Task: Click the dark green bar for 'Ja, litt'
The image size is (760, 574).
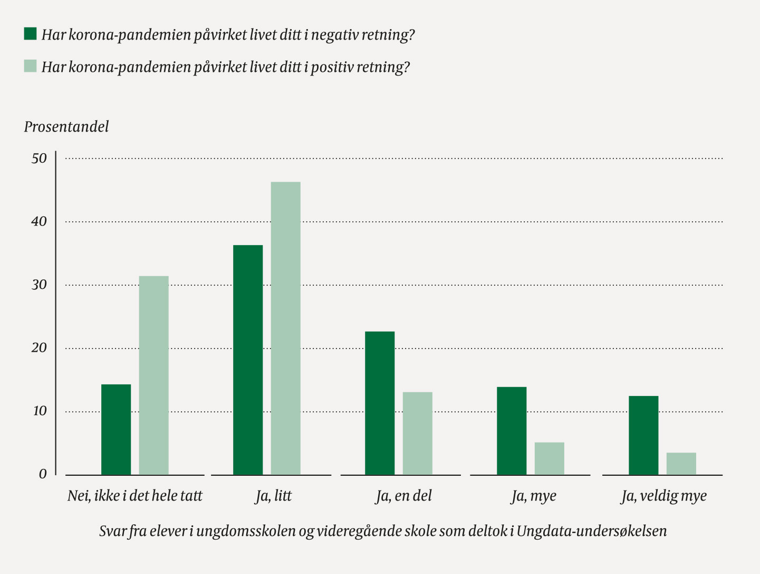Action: [x=248, y=360]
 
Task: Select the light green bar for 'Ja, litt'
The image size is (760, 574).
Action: [x=285, y=328]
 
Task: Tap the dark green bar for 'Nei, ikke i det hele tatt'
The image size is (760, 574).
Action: [x=116, y=429]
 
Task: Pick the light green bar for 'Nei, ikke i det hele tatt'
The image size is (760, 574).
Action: [x=153, y=375]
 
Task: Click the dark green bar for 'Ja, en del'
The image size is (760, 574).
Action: [x=380, y=403]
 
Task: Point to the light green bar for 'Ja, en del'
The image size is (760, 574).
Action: [x=417, y=433]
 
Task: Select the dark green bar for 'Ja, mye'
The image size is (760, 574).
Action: [x=512, y=431]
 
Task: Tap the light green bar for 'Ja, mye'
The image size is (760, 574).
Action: [x=549, y=458]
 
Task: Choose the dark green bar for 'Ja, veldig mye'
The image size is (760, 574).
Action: [x=643, y=435]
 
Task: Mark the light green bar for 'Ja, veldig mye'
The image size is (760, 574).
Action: [x=681, y=464]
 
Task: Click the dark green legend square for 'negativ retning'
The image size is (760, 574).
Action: [x=30, y=34]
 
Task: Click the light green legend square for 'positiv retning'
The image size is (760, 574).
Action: [x=30, y=67]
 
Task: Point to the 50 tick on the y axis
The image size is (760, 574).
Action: [x=39, y=158]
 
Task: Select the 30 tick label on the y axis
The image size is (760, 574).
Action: [x=39, y=285]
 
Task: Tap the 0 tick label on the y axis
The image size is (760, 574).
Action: [x=43, y=474]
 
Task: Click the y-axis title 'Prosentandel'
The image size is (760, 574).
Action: [x=66, y=127]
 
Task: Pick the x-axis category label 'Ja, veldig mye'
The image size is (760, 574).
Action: [x=663, y=496]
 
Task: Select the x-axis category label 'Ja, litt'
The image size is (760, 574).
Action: [x=273, y=496]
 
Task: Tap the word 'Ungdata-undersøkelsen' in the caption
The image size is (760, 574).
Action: [x=591, y=531]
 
